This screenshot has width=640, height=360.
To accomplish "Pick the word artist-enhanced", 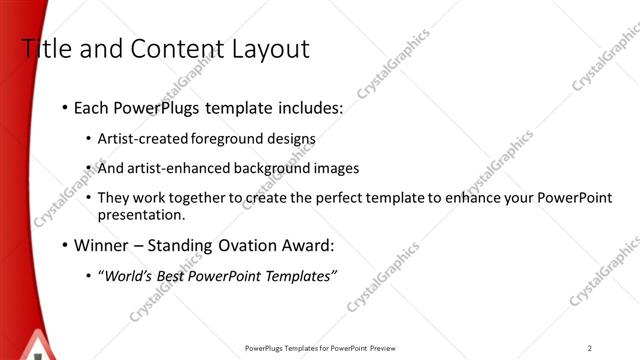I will (173, 169).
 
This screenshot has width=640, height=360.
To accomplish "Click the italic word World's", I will (128, 276).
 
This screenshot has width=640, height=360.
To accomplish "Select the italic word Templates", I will (300, 276).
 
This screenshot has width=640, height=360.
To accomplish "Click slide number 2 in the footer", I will (590, 348).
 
